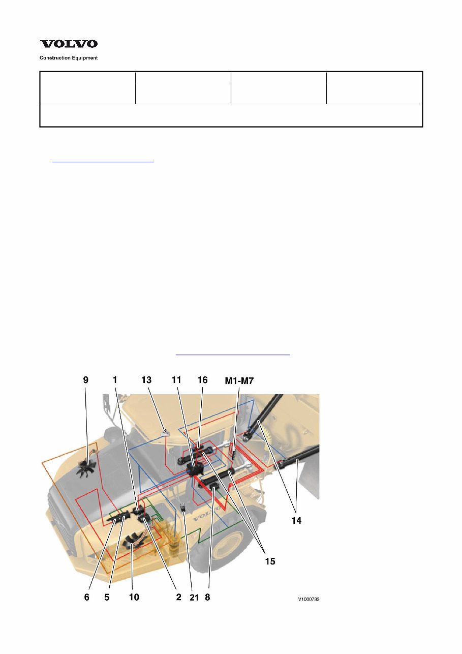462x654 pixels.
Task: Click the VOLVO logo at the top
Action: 69,44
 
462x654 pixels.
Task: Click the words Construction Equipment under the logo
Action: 69,58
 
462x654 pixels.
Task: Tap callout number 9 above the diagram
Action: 85,380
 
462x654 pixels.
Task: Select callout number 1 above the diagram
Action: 115,380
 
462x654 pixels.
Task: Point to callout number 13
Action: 146,380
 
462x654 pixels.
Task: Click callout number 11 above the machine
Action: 176,380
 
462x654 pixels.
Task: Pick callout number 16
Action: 203,380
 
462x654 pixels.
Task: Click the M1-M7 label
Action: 239,381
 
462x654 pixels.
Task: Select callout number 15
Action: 270,561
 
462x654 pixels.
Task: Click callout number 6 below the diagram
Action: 87,597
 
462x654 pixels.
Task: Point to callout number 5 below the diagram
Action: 107,597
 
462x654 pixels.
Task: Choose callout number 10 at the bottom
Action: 134,597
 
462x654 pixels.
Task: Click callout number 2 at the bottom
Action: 178,597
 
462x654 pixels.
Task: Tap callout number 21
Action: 194,598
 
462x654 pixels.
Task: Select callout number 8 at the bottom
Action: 207,597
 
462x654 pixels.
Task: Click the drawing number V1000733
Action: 309,600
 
